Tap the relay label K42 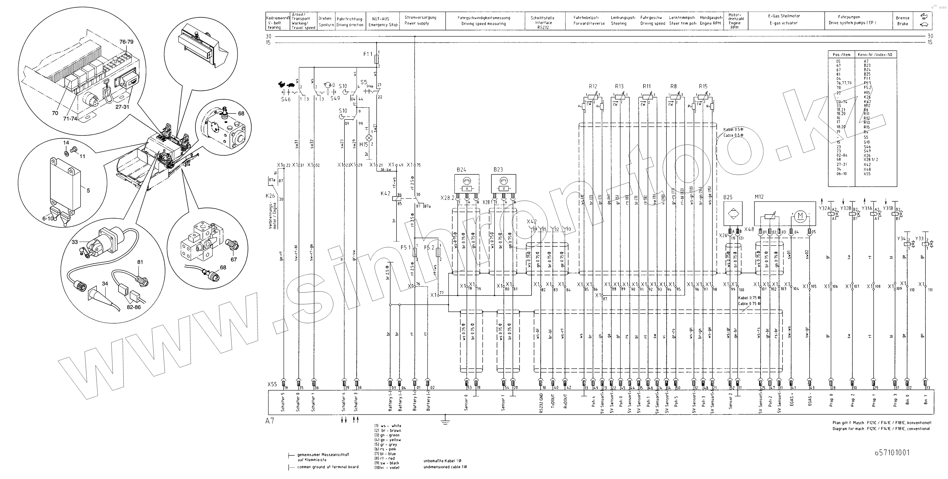[x=385, y=193]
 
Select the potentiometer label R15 [x=703, y=86]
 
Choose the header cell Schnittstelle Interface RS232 [x=542, y=22]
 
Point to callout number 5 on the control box [x=88, y=190]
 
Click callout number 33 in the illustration [x=75, y=242]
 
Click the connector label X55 [x=272, y=384]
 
